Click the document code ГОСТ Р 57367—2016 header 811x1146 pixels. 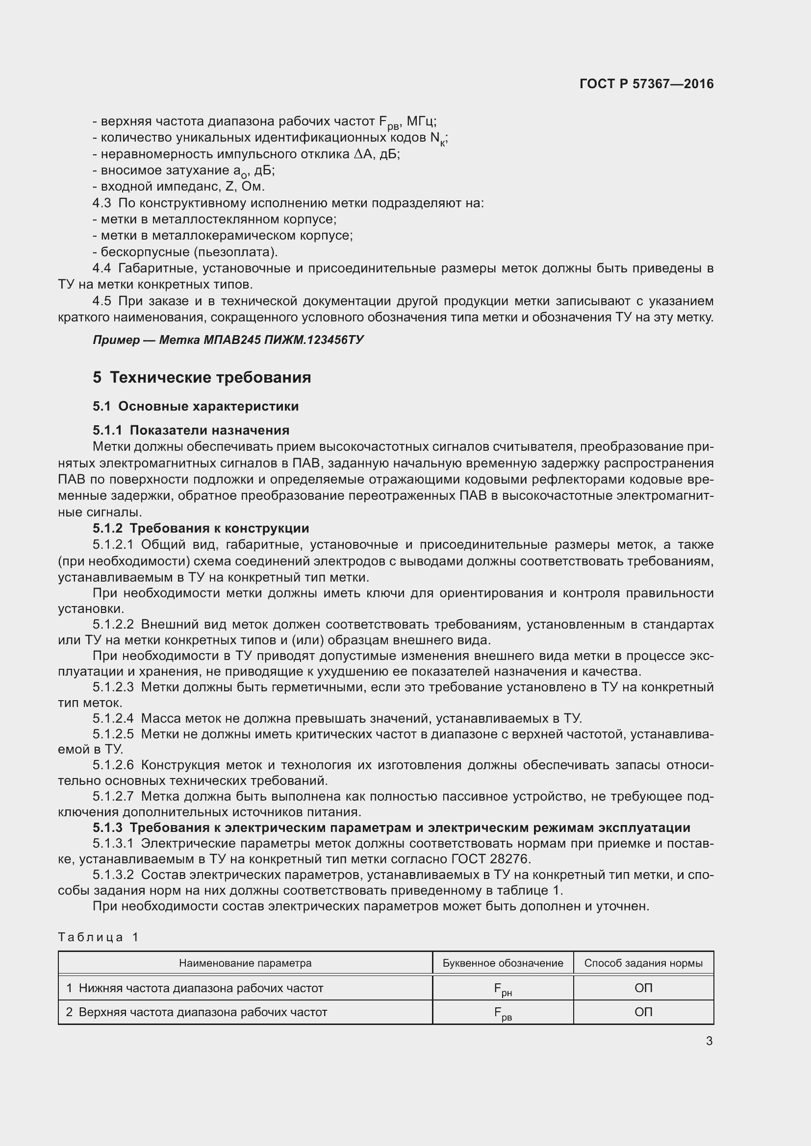click(x=646, y=84)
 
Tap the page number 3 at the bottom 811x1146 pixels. click(x=709, y=1041)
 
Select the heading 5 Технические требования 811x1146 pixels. click(x=202, y=377)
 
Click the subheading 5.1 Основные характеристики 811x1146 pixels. click(x=195, y=406)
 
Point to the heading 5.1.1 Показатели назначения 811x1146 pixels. click(x=191, y=430)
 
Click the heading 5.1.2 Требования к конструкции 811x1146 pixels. click(x=201, y=528)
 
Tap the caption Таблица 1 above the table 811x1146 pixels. click(x=99, y=937)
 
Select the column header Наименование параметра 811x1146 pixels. click(x=245, y=963)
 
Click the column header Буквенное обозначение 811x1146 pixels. click(x=503, y=963)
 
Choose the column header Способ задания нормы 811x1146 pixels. click(x=643, y=963)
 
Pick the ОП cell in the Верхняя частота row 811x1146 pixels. click(x=643, y=1012)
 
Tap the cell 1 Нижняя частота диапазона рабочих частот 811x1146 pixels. click(x=195, y=988)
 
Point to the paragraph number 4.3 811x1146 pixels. click(x=102, y=203)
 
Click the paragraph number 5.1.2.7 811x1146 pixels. click(x=113, y=797)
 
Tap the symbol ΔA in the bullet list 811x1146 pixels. click(x=363, y=154)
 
